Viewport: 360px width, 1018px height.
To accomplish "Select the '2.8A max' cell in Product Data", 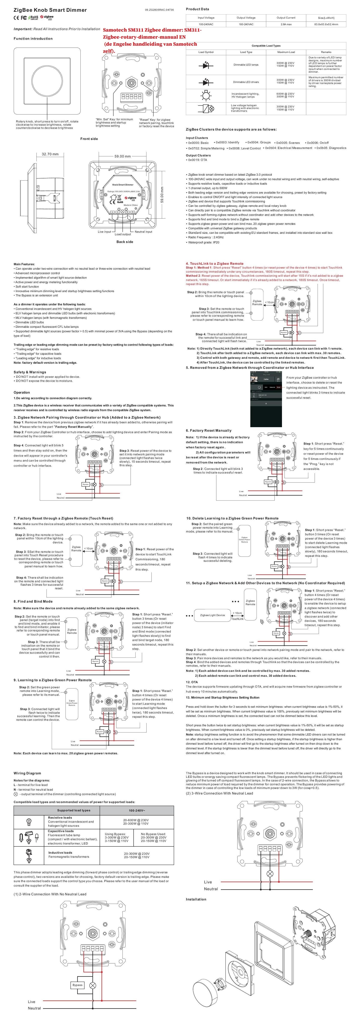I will coord(286,24).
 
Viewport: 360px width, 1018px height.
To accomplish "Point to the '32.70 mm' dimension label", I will coord(50,154).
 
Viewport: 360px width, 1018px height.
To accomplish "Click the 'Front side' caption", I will coord(89,139).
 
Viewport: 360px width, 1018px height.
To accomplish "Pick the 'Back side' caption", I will coord(124,241).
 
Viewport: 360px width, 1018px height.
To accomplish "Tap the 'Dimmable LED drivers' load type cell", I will coord(246,82).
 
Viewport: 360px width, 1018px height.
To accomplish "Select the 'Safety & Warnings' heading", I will coord(30,372).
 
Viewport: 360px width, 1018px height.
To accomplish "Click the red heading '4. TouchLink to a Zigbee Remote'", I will coord(215,263).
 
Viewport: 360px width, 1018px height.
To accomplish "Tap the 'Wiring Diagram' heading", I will coord(27,773).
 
